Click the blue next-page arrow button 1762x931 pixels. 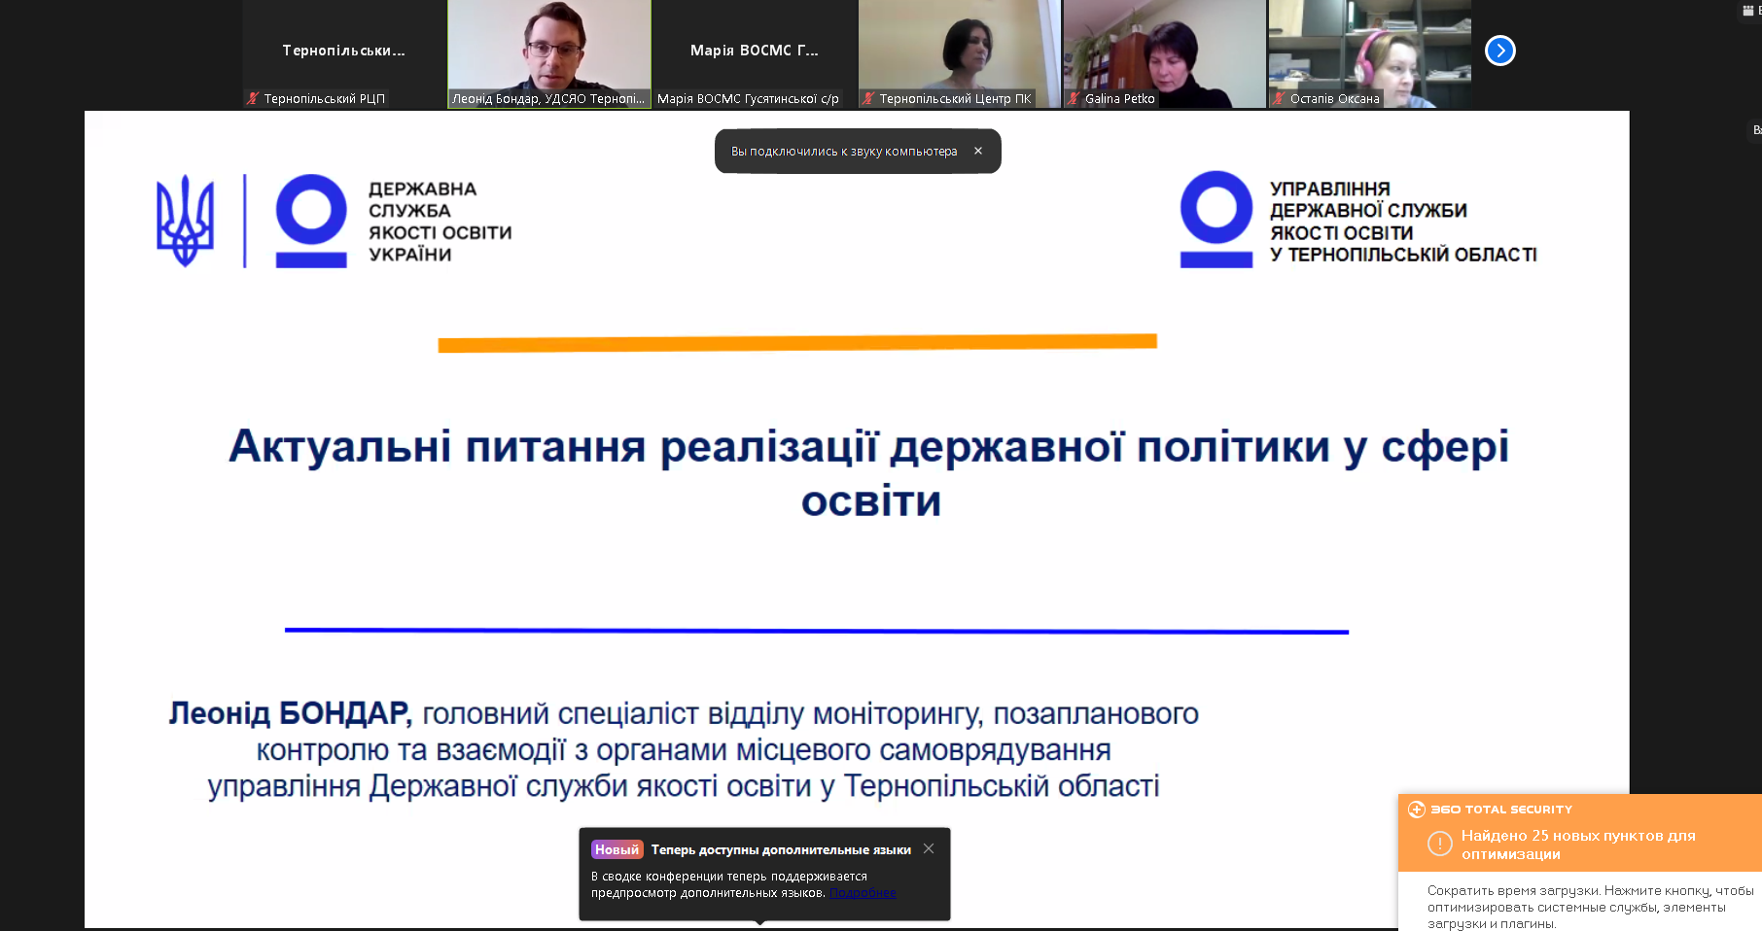1499,51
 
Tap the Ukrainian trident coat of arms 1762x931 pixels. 185,221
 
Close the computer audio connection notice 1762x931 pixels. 978,151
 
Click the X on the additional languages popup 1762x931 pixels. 929,848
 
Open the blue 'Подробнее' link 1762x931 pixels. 863,893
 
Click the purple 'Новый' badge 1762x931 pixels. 617,849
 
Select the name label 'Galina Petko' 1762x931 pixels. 1119,98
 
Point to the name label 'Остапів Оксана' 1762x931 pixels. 1334,98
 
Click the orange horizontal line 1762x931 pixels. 797,343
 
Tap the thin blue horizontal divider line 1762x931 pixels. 817,631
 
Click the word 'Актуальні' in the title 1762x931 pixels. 340,446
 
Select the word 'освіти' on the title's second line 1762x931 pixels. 871,501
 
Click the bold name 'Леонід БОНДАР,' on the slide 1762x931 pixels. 291,713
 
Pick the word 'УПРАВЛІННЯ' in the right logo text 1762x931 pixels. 1329,189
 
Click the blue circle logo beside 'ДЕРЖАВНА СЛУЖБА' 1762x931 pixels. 311,210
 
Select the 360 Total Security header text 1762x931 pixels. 1501,810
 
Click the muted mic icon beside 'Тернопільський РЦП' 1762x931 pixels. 253,98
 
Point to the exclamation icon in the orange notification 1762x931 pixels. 1439,844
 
